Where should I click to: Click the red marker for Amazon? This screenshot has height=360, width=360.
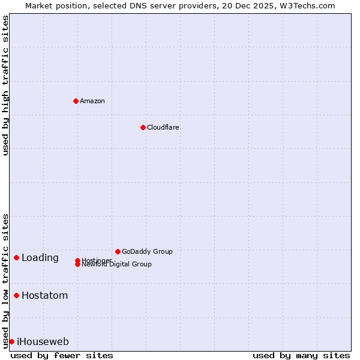[76, 101]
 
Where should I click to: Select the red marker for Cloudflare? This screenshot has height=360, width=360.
[143, 127]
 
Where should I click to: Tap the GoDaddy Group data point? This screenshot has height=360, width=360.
[118, 251]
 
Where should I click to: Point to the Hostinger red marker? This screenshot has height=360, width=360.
[77, 260]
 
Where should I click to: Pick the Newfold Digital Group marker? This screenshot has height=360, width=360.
[77, 265]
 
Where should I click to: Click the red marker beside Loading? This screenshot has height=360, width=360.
[16, 257]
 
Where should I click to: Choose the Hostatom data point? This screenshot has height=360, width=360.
[16, 295]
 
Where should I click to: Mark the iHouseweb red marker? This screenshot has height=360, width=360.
[11, 341]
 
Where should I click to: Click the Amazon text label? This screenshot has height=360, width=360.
[92, 101]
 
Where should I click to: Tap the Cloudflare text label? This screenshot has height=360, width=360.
[163, 127]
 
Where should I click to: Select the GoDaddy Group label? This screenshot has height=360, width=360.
[147, 251]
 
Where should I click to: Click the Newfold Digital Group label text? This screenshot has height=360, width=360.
[117, 265]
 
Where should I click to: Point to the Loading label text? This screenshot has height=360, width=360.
[40, 258]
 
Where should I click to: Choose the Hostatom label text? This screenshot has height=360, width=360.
[45, 296]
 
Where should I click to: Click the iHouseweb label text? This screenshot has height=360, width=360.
[43, 342]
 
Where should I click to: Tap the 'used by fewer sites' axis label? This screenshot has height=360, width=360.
[62, 355]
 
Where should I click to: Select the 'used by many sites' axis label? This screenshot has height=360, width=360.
[301, 355]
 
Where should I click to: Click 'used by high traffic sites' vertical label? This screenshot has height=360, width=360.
[5, 85]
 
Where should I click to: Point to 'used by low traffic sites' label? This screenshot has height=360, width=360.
[5, 281]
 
